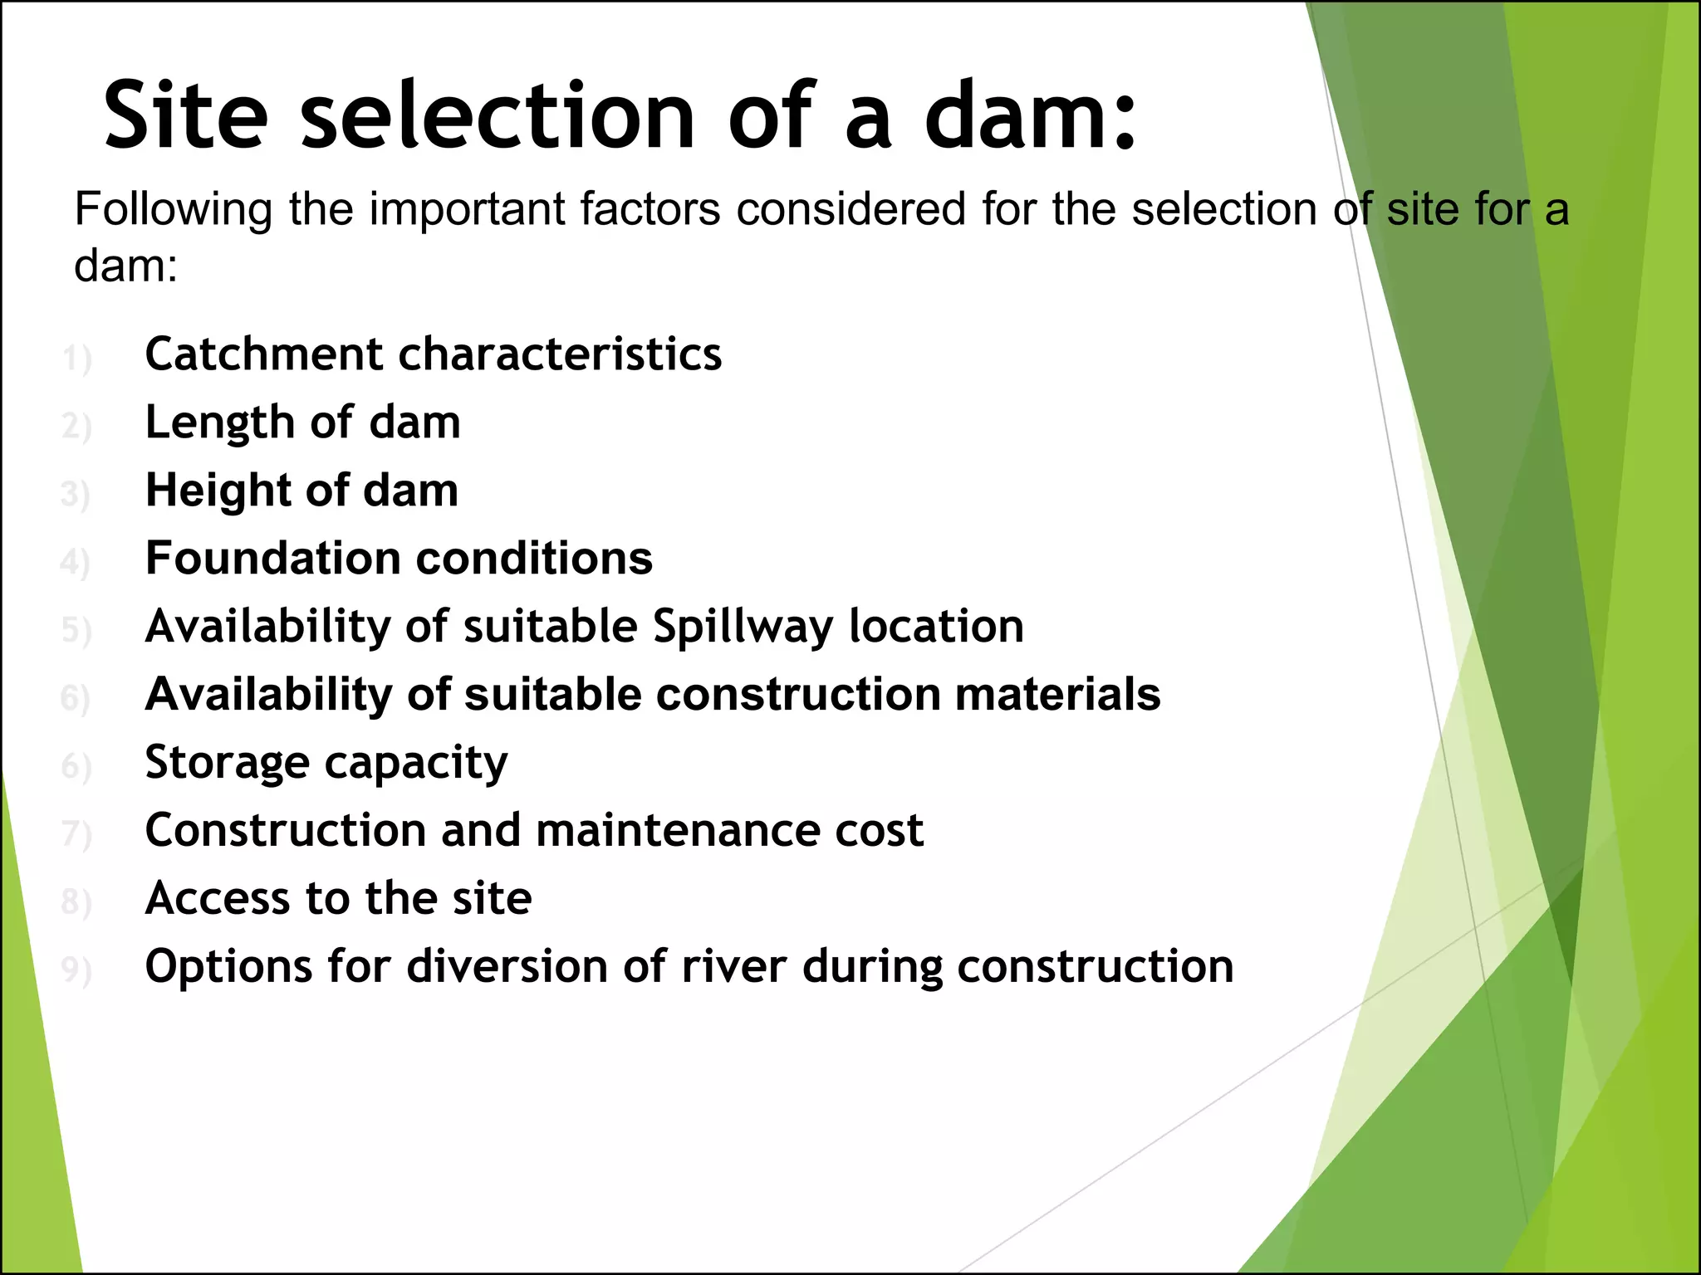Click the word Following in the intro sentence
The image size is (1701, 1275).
click(x=173, y=209)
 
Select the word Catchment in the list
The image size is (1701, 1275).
click(x=264, y=354)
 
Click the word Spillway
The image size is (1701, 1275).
click(x=742, y=627)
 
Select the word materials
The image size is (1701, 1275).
click(x=1057, y=694)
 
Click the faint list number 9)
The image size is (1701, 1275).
click(x=76, y=970)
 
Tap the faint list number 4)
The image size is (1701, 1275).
click(x=75, y=563)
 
